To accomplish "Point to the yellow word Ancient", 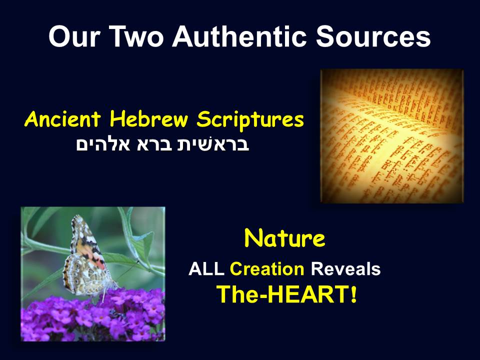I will (x=63, y=120).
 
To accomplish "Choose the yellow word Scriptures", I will (x=250, y=120).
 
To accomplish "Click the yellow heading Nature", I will (x=284, y=239).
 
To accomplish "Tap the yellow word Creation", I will (x=266, y=269).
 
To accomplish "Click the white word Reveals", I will (x=345, y=269).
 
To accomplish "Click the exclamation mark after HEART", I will (x=353, y=295).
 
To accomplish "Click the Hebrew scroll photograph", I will (x=392, y=136).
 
